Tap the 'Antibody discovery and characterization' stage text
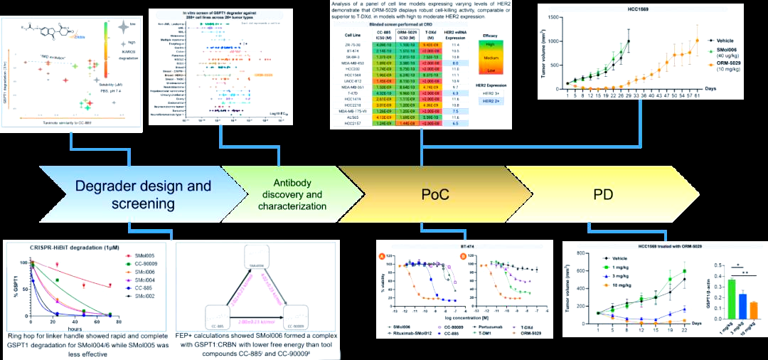point(294,194)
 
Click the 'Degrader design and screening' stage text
point(145,195)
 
